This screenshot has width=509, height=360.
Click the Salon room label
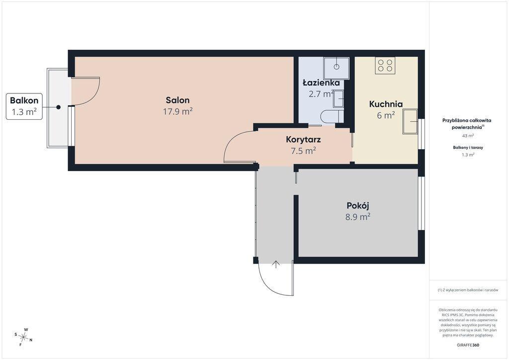177,100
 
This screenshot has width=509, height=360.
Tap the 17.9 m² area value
178,112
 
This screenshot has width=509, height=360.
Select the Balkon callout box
24,106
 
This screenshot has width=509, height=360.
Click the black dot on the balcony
58,107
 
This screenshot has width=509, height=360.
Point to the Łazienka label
322,83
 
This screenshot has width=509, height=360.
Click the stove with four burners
385,65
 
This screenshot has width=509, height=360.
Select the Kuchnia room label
386,104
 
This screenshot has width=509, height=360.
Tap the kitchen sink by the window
410,121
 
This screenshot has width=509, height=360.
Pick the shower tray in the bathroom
337,68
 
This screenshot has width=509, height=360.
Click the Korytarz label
304,140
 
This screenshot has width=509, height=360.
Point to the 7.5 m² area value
304,151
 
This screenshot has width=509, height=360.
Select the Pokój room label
358,205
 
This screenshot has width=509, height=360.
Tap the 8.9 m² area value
358,217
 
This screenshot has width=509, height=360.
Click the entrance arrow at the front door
276,264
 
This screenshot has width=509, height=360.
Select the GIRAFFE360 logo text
467,345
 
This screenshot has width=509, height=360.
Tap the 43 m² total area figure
468,136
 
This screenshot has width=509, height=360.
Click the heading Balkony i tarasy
468,147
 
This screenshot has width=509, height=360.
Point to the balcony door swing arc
92,96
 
